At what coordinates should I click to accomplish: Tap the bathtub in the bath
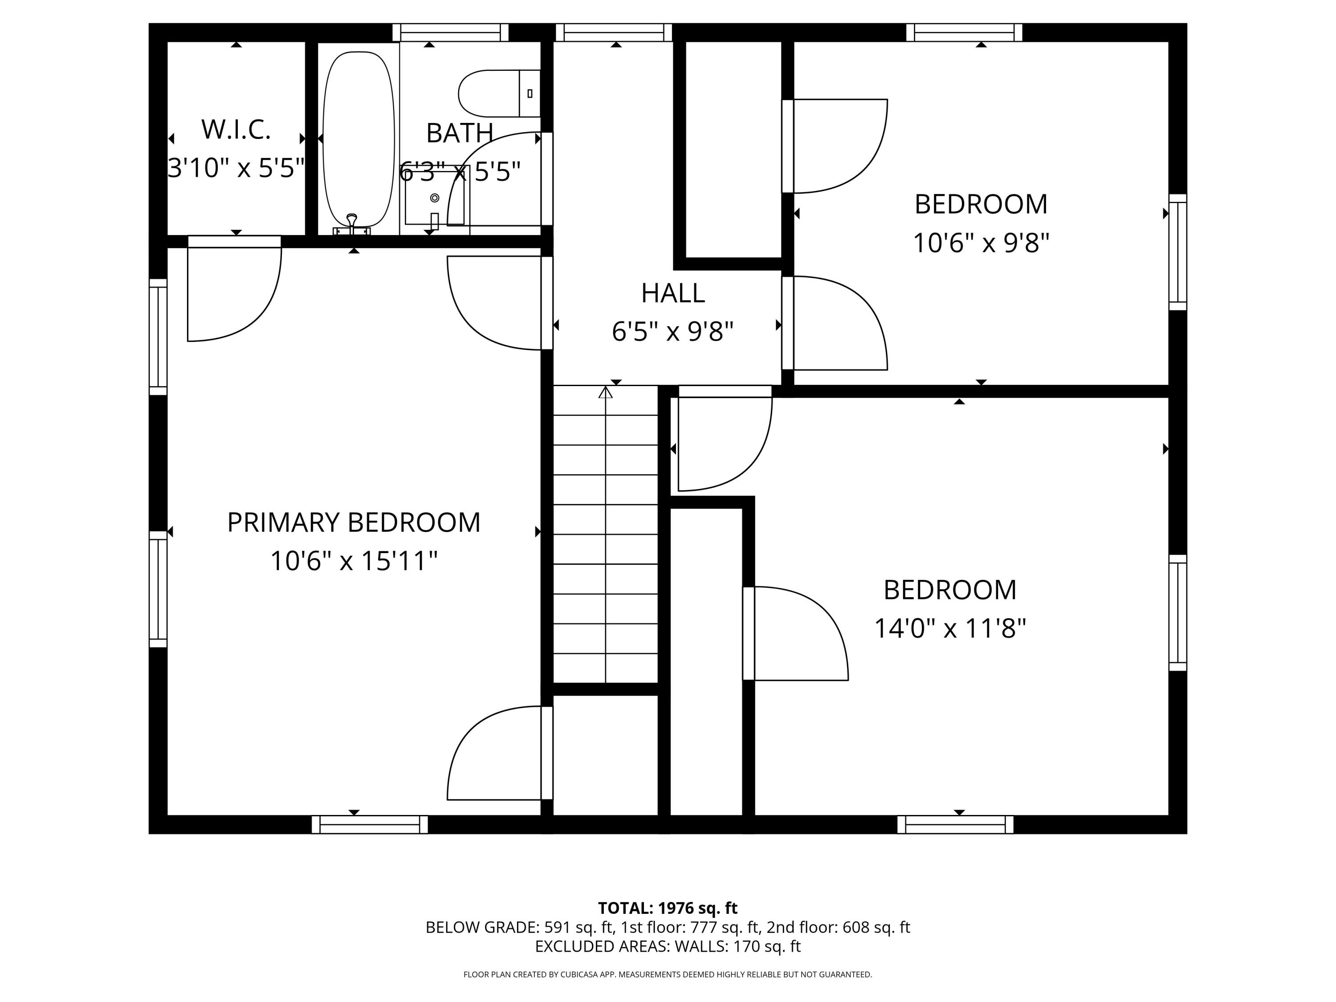(x=359, y=139)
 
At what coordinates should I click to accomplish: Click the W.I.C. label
(x=236, y=129)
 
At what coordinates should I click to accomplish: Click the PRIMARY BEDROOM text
(x=353, y=522)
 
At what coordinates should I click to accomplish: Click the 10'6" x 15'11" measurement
(x=353, y=561)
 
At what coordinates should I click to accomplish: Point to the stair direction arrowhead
(x=605, y=393)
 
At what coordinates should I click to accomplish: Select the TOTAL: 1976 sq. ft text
(x=668, y=908)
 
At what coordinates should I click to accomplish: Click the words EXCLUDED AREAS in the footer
(x=601, y=946)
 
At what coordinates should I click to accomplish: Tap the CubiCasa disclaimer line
(x=668, y=974)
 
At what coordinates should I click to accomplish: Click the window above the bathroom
(x=451, y=32)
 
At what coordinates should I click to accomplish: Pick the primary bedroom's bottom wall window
(x=370, y=824)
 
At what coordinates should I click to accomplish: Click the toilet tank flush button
(x=530, y=94)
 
